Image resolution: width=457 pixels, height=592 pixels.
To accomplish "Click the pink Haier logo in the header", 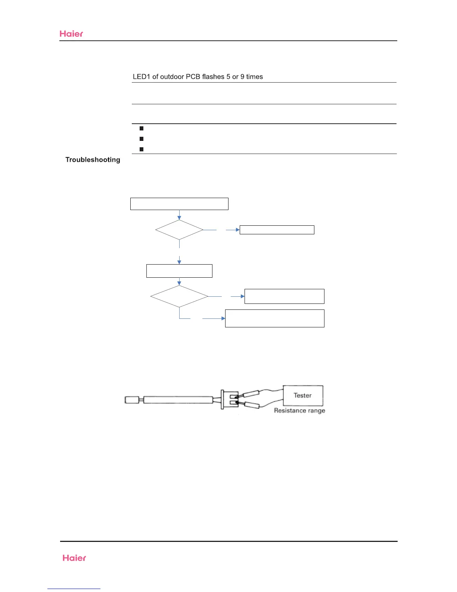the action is pos(71,34).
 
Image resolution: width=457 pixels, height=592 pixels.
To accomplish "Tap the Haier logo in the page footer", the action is pos(74,558).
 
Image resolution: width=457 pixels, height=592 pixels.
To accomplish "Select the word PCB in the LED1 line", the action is pos(193,77).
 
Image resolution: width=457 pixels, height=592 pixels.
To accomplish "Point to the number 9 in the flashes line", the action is pos(242,77).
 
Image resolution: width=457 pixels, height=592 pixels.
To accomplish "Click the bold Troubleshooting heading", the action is pos(93,160).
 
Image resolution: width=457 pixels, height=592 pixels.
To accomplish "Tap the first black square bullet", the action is pos(142,129).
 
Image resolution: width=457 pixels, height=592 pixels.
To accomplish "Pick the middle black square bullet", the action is pos(142,139).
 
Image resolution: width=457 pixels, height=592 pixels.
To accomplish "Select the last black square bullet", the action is pos(142,149).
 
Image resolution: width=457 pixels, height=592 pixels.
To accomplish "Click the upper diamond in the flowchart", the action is pos(179,230).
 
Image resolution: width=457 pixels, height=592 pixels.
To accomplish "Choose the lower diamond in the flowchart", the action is pos(179,296).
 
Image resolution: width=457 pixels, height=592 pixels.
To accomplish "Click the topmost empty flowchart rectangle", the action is pos(179,204).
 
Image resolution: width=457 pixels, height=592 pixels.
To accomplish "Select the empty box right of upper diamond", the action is pos(277,230).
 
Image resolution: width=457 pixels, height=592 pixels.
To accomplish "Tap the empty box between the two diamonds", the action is pos(179,271).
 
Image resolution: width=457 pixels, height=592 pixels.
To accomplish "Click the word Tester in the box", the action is pos(302,395).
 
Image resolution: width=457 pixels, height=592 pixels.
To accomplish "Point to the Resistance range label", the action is pos(299,410).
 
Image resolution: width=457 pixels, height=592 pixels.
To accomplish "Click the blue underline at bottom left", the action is pos(74,589).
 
